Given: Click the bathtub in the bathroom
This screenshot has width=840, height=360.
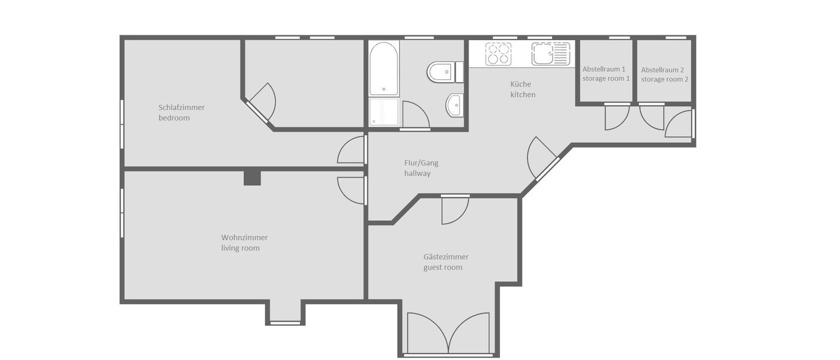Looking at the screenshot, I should coord(383,68).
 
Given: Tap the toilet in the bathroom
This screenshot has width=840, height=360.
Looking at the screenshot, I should coord(443,73).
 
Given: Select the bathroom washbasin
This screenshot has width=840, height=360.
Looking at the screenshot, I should coord(454,106).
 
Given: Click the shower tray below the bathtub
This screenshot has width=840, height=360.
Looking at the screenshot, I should coord(383,112).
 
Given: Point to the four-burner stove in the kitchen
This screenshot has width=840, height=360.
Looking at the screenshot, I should coord(499,54).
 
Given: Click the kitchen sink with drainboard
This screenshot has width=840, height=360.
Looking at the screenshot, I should coord(549,54).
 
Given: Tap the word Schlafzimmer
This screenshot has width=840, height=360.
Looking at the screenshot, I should coord(181,107).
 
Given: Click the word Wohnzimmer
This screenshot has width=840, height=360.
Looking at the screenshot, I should coord(244,237).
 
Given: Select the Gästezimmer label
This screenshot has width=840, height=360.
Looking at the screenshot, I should coord(445,257).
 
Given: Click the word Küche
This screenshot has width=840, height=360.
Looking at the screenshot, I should coord(520,84).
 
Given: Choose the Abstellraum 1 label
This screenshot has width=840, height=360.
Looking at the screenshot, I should coord(603,69).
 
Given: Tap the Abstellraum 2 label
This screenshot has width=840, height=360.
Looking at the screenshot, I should coord(662,69).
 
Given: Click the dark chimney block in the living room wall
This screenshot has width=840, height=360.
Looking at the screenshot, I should coord(253,178).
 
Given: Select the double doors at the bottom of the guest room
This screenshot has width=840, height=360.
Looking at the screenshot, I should coord(448,335).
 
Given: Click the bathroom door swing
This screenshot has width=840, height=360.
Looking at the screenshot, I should coord(415,116).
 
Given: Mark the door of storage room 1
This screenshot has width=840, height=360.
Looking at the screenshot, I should coord(616,117).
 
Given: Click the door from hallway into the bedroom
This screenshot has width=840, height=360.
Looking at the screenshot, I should coord(352,151).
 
